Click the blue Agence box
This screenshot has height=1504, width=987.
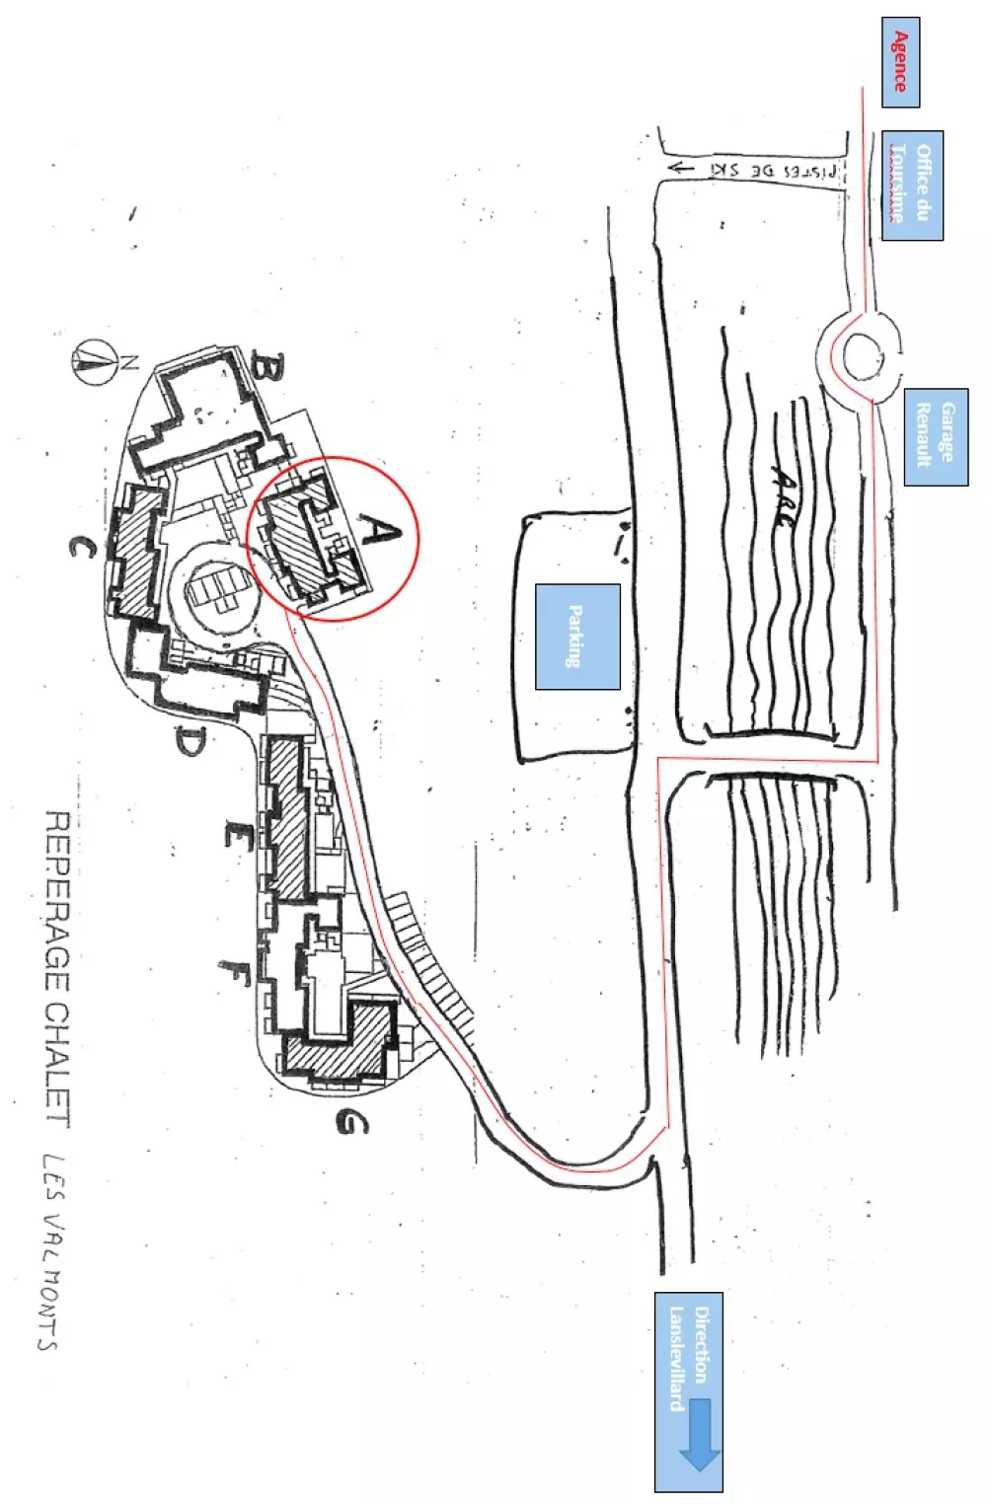[900, 62]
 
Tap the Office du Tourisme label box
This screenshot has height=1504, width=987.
[912, 186]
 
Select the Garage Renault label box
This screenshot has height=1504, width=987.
[935, 436]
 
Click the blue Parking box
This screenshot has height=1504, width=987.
[577, 637]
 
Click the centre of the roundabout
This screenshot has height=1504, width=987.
[862, 355]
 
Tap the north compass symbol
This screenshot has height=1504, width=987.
[92, 360]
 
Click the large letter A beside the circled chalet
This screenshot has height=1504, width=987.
[380, 533]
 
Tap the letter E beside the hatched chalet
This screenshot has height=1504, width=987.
[237, 837]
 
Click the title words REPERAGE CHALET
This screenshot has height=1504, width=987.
[58, 967]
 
